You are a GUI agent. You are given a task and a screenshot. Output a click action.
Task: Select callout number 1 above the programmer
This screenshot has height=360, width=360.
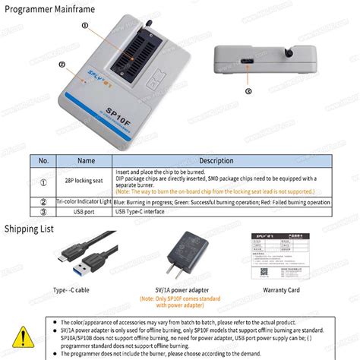[85, 24]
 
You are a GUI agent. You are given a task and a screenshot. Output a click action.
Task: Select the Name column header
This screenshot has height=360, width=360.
[86, 160]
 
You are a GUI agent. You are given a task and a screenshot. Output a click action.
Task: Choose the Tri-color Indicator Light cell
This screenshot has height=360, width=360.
[86, 202]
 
